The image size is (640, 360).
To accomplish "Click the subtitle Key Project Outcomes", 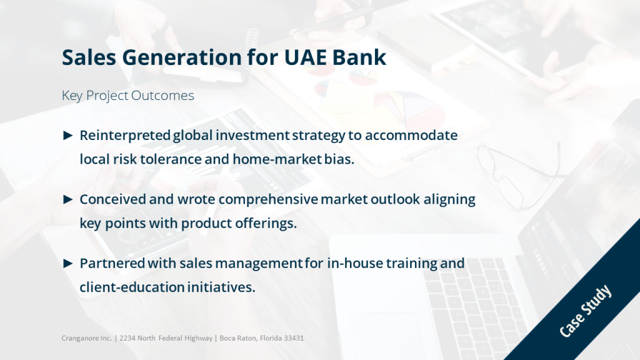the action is point(127,96).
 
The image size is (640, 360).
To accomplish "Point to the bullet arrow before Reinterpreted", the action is point(67,135).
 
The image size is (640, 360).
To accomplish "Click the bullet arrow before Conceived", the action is point(67,199).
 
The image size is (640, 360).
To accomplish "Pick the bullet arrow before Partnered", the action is point(67,263).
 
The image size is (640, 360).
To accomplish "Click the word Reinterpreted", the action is point(125,136).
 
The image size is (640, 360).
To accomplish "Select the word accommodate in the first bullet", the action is point(411,135).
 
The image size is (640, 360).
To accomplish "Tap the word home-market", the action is point(277,159).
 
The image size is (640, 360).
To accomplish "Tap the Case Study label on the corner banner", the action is point(585,311).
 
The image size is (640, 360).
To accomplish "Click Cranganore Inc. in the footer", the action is point(86,338).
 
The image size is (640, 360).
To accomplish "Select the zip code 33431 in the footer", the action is point(294,338).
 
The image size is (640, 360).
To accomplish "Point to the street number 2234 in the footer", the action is point(127,338).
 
